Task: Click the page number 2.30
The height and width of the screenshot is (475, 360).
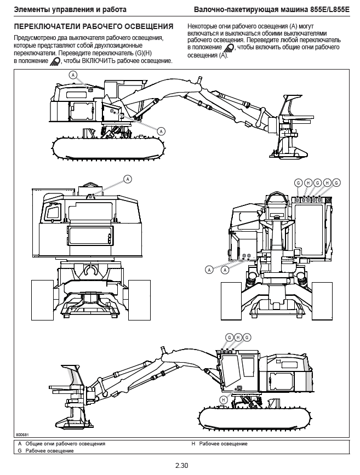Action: click(x=181, y=466)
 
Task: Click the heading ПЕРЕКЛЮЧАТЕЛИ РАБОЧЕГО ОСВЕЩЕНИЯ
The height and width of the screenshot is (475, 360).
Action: click(x=94, y=26)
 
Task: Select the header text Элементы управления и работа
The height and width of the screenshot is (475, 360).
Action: click(x=70, y=10)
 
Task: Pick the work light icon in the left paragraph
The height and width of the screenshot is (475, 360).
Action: click(x=55, y=61)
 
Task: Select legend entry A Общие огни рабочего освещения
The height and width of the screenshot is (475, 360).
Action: click(x=61, y=443)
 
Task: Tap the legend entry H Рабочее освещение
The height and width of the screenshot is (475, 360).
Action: click(x=219, y=443)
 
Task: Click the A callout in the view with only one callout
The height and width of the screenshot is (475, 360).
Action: click(x=128, y=179)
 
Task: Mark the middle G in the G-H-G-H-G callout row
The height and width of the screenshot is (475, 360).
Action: click(x=317, y=182)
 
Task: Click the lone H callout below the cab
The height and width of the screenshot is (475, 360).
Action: click(x=223, y=400)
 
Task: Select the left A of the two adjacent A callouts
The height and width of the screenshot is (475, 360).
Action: click(x=209, y=269)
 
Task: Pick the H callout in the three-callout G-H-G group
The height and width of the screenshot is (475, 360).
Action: click(x=238, y=336)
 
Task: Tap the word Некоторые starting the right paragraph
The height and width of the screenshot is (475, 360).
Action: click(x=202, y=26)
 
